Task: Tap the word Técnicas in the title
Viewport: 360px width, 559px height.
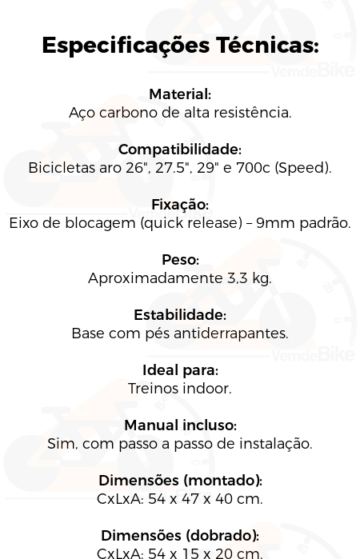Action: coord(267,46)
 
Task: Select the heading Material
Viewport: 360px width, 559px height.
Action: coord(180,94)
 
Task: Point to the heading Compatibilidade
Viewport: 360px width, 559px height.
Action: coord(180,150)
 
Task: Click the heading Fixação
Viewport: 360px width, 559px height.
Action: coord(180,206)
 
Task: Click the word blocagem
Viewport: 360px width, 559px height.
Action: coord(100,224)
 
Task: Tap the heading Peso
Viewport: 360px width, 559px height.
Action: coord(180,260)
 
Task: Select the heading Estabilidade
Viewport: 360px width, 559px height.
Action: coord(180,315)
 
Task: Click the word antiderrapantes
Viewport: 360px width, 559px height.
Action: coord(231,333)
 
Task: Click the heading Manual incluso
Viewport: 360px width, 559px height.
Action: coord(180,425)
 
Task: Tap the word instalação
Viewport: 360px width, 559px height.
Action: coord(275,444)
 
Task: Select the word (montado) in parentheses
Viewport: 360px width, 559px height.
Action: coord(223,481)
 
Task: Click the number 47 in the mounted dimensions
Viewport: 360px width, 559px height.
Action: coord(190,499)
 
